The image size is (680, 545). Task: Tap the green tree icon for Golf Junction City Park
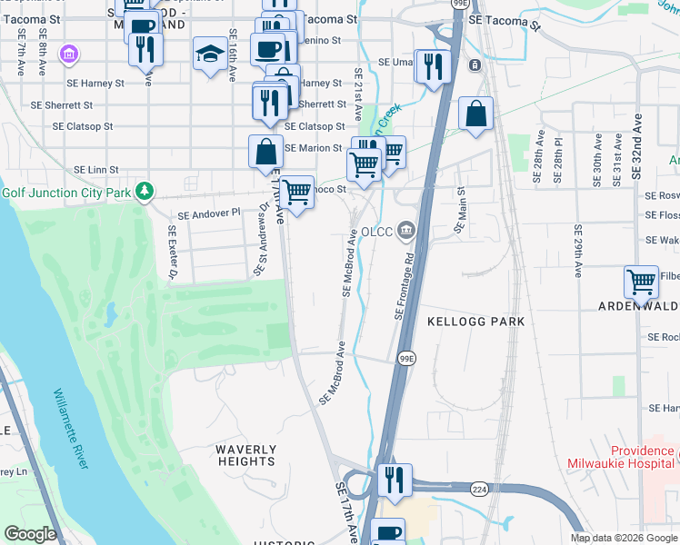click(x=143, y=192)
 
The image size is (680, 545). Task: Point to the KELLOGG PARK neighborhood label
click(x=476, y=322)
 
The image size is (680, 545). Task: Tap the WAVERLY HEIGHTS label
click(x=246, y=455)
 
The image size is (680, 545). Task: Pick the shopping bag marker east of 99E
click(x=475, y=114)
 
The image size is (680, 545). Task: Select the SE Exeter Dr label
click(x=171, y=253)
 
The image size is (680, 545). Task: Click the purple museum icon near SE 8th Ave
click(x=68, y=55)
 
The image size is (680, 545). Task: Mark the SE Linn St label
click(x=96, y=170)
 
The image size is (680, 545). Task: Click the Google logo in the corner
click(x=31, y=534)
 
